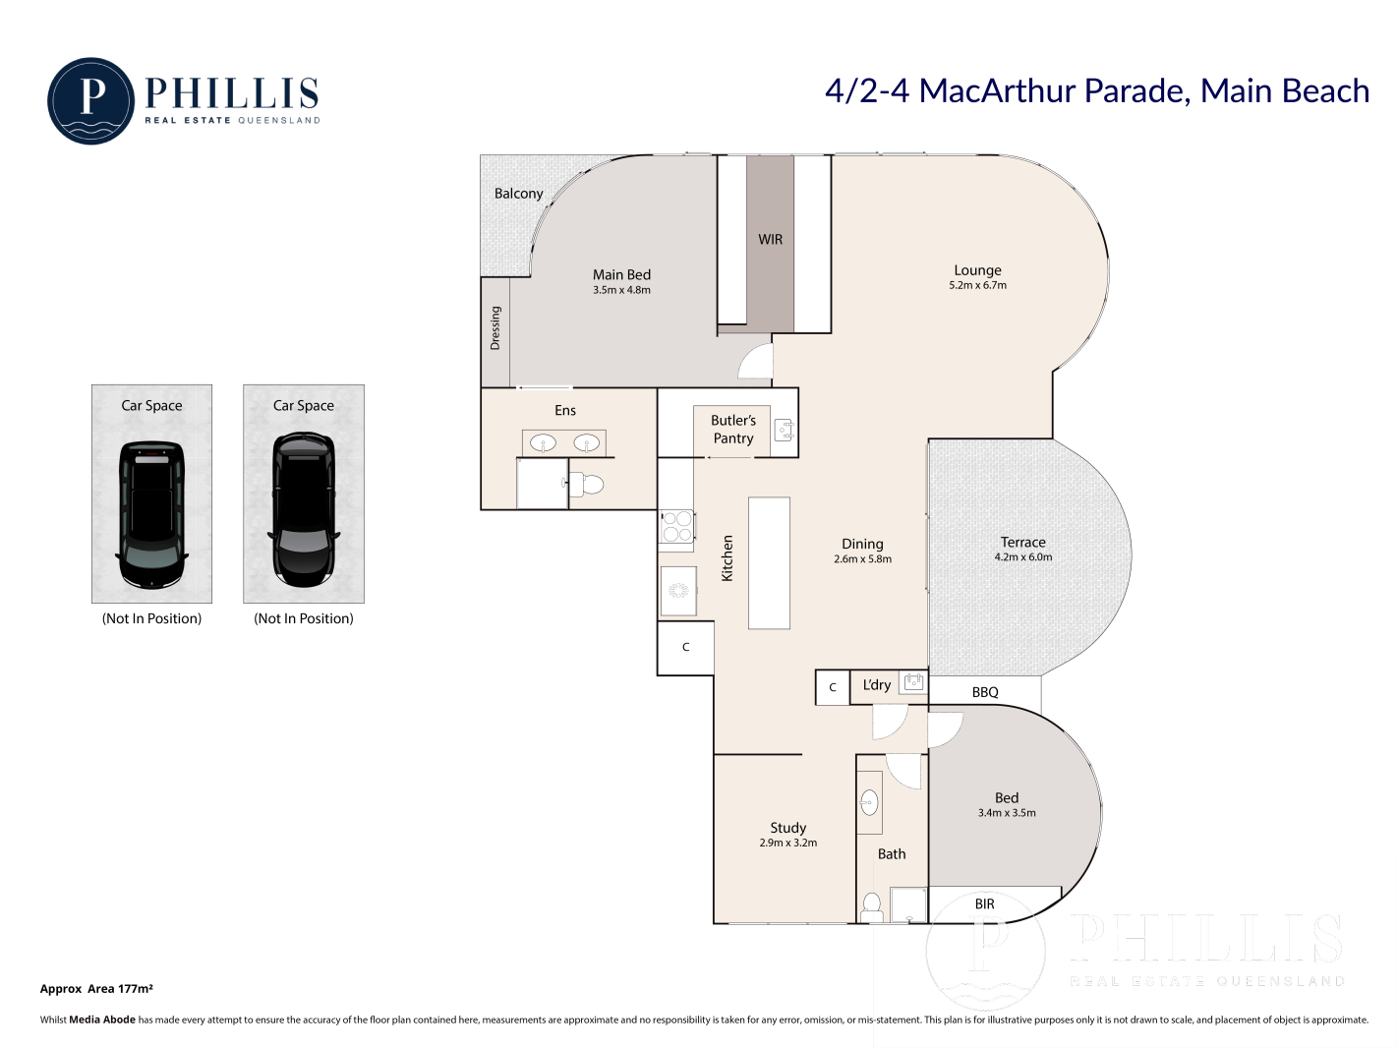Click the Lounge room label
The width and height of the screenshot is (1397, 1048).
click(977, 270)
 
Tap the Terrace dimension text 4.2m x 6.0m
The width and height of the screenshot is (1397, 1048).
click(1022, 557)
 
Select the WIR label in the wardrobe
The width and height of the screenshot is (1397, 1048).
click(770, 239)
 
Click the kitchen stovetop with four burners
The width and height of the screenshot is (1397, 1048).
click(676, 526)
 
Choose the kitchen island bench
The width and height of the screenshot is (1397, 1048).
click(769, 563)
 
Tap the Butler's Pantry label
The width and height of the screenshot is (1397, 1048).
click(733, 429)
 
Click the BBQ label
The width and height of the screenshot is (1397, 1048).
click(984, 692)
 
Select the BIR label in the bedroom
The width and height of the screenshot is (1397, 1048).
click(984, 903)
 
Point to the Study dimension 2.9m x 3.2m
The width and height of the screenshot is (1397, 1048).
click(787, 843)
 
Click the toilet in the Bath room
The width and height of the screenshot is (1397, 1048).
click(871, 907)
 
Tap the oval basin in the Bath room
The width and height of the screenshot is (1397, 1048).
click(869, 803)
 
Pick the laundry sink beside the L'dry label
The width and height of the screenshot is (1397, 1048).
click(913, 682)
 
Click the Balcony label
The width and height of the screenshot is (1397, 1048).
click(519, 194)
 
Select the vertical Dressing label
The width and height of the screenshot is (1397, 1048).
click(495, 328)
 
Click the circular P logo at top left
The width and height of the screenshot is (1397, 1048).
click(91, 101)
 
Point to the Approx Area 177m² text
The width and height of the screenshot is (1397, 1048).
click(96, 989)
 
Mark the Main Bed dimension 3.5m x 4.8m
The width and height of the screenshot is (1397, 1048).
click(621, 290)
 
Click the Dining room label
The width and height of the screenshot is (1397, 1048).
click(862, 544)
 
